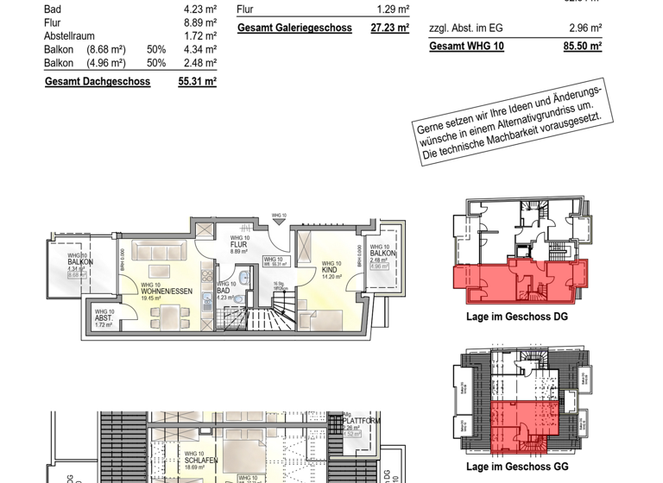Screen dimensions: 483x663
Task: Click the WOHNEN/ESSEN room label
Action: pos(166,291)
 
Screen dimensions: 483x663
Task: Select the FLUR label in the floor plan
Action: pos(239,244)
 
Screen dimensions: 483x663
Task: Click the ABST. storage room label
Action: pos(104,318)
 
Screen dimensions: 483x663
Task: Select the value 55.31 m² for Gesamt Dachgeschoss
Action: pos(197,82)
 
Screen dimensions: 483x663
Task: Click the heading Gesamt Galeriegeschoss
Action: pos(294,28)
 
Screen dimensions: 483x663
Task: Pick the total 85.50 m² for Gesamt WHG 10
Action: pos(582,47)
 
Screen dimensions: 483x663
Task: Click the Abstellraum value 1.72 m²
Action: pos(200,36)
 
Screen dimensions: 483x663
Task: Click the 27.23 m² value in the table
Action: pos(389,28)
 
